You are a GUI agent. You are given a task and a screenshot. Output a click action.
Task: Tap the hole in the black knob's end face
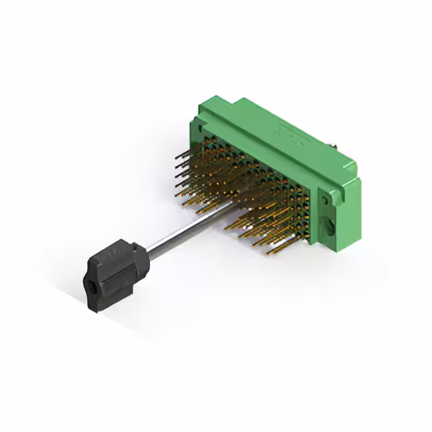pyautogui.click(x=90, y=294)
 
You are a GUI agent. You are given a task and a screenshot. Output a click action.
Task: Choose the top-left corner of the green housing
pyautogui.click(x=203, y=101)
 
